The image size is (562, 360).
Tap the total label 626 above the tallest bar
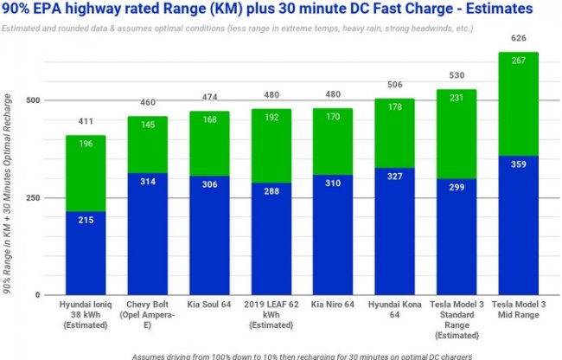point(519,39)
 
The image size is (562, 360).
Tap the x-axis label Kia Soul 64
point(208,305)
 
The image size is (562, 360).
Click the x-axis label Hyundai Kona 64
point(394,310)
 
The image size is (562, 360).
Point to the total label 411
point(85,122)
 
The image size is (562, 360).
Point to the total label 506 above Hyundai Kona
point(394,85)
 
